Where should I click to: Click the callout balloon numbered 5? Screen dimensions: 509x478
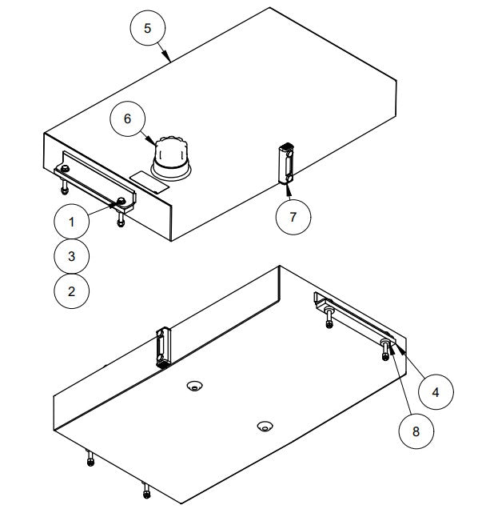146,27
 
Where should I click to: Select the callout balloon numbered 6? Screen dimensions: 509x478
126,118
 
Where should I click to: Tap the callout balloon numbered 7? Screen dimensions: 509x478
293,217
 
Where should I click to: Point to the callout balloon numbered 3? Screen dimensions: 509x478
70,256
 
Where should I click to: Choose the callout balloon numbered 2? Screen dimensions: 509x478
70,291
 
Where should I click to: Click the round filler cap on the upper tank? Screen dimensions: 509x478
171,156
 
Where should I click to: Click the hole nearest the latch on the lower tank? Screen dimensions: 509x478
193,387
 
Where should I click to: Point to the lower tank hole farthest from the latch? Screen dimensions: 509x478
263,425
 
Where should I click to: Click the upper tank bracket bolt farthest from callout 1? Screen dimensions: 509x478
64,169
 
